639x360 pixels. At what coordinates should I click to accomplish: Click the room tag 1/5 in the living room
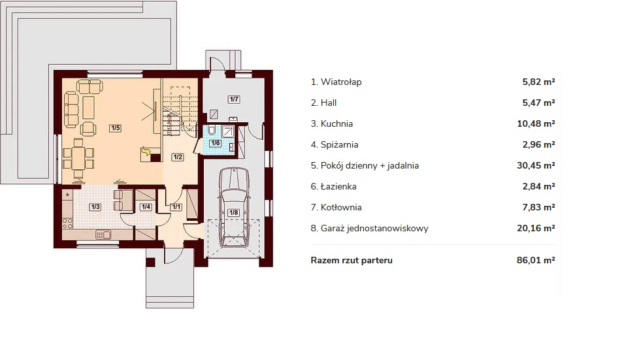(116, 128)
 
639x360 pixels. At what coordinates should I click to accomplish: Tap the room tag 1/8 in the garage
(233, 212)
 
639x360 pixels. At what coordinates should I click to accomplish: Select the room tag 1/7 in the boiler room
(234, 99)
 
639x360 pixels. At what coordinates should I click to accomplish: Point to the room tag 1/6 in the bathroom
(216, 143)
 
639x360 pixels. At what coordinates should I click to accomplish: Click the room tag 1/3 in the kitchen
(95, 206)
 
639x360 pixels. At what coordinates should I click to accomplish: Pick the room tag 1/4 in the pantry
(146, 206)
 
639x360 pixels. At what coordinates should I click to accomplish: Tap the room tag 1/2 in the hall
(177, 157)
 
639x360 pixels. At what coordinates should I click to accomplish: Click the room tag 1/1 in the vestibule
(176, 206)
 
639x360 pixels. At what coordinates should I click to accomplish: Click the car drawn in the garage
(233, 207)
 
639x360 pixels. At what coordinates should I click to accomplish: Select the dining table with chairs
(78, 158)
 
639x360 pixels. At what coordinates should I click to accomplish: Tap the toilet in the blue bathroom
(212, 131)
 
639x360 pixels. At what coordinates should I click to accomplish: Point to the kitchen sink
(103, 235)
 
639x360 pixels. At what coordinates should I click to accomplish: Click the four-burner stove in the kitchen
(68, 223)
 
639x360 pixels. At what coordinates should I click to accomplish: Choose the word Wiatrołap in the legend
(341, 82)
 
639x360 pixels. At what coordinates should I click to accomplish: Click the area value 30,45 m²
(536, 165)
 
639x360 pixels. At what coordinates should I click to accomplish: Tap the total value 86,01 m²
(536, 259)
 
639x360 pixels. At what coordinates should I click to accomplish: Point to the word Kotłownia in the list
(341, 207)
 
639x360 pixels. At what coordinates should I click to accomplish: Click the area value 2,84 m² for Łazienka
(539, 186)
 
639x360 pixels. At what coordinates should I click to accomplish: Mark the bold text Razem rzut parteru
(352, 260)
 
